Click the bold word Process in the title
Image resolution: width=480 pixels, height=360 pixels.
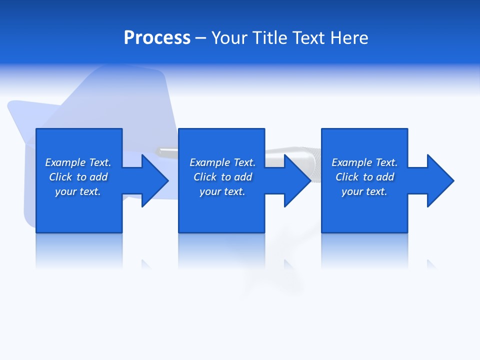pos(157,38)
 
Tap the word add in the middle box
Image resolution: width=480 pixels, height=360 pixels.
pos(243,177)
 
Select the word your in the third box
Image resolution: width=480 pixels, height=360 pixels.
pos(352,192)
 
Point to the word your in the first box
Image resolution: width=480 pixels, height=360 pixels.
pos(65,192)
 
